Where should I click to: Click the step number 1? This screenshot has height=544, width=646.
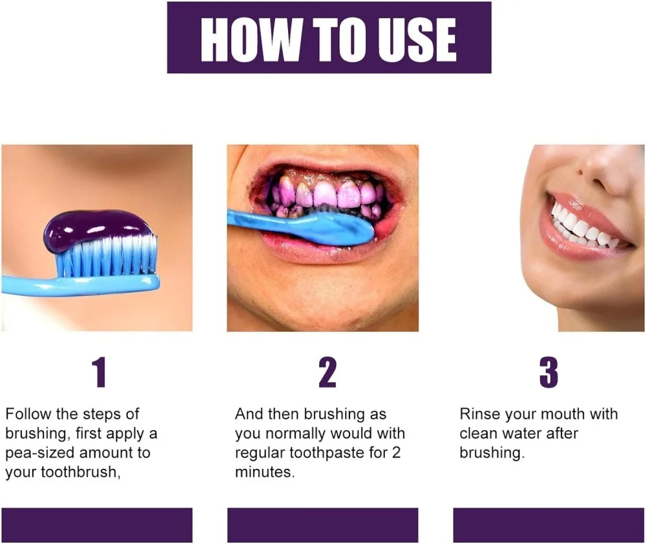point(99,373)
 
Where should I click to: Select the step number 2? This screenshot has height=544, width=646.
point(328,373)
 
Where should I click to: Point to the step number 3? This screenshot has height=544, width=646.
point(548,373)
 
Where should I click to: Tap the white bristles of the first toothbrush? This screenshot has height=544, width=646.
point(108,255)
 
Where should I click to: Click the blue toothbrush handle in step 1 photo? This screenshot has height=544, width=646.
point(80,284)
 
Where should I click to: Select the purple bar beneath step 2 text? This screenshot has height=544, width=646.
point(322,525)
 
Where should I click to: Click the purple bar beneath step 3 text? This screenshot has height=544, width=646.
point(548,525)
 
